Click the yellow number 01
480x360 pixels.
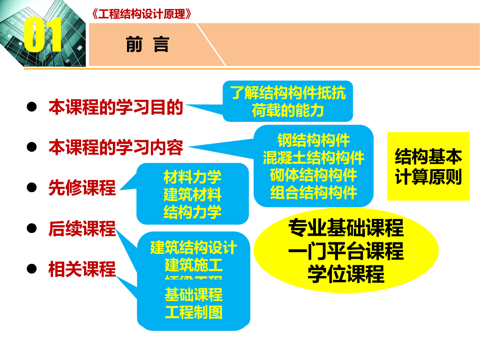[43, 36]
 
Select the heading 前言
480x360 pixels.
[147, 45]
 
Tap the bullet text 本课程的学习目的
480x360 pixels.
[116, 107]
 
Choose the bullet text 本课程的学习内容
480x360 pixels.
[116, 148]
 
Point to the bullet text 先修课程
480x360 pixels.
[82, 188]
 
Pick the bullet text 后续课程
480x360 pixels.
[82, 229]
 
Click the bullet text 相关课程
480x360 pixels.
[82, 269]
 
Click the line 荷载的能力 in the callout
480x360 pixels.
[288, 111]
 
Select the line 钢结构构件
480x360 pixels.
[314, 140]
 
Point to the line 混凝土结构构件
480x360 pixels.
[314, 157]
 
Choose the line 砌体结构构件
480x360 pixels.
[314, 175]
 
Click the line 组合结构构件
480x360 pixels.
[314, 192]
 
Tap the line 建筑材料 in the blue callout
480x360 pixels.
[193, 195]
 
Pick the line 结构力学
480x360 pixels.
[193, 212]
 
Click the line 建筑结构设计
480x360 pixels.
[194, 247]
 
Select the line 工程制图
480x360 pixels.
[194, 312]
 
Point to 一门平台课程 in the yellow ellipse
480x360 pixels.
[346, 252]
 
